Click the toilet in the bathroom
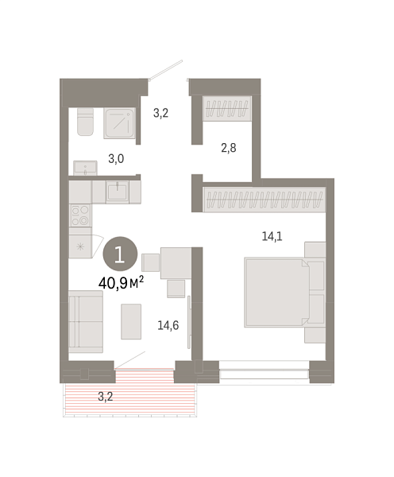tap(84, 123)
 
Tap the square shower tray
tap(121, 123)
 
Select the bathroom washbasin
tap(84, 167)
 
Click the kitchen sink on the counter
tap(118, 192)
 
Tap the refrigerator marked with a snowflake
tap(80, 246)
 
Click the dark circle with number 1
tap(119, 254)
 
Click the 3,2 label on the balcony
tap(105, 395)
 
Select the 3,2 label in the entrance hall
tap(161, 113)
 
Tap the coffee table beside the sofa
tap(132, 322)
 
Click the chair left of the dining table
tap(151, 263)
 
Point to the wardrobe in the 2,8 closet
tap(229, 108)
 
